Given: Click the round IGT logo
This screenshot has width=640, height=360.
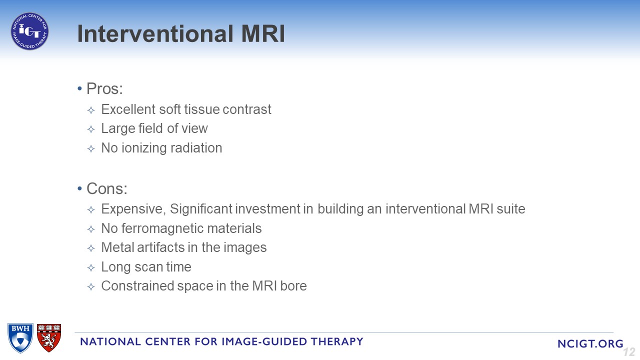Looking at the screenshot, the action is tap(29, 31).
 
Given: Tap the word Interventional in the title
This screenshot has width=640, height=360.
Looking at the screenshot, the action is tap(155, 33).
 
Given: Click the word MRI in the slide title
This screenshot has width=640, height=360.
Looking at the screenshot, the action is tap(263, 33).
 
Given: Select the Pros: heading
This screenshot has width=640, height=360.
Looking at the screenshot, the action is tap(104, 88).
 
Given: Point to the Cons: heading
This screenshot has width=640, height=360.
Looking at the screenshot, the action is tap(107, 188).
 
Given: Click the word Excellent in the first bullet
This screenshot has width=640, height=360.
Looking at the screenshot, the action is tap(128, 109).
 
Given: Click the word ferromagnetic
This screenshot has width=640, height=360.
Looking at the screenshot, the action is tap(162, 228).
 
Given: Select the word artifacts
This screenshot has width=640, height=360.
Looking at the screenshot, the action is tap(160, 247).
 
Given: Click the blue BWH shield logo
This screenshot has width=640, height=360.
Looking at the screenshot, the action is tap(20, 338).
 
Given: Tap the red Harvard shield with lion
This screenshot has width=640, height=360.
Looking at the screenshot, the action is tap(49, 337).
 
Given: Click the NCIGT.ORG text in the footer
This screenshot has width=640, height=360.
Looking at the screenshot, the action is tap(590, 343).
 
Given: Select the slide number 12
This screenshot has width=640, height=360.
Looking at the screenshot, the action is tap(629, 352).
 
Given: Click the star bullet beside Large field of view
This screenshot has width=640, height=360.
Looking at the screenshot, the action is tap(91, 129).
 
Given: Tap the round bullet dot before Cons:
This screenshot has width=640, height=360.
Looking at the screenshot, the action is tap(79, 188).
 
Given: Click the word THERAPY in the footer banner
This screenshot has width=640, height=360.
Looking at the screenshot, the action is tap(337, 341).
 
